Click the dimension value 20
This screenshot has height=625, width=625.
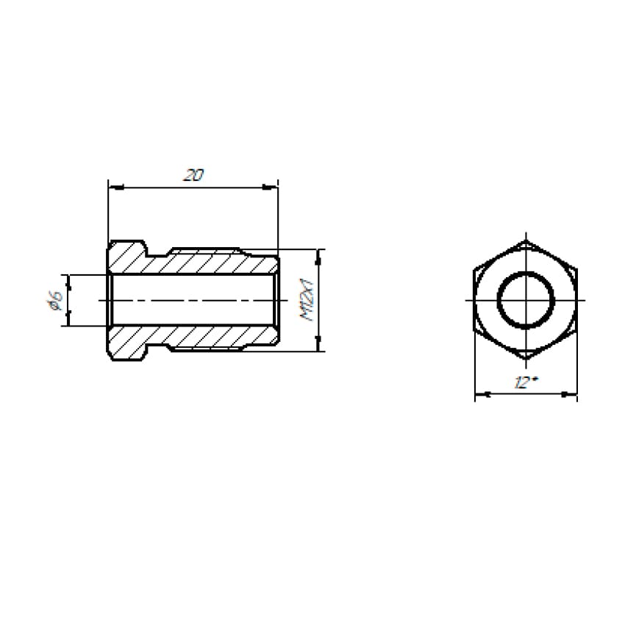[193, 175]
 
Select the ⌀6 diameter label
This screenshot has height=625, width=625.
[55, 301]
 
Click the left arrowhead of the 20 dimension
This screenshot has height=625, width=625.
[116, 186]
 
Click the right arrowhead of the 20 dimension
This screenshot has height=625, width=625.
[271, 186]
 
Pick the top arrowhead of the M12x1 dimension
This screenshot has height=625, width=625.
[318, 257]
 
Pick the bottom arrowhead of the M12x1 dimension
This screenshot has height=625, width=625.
[318, 343]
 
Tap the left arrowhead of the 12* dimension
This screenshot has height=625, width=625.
[482, 394]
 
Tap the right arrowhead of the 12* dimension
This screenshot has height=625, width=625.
[569, 394]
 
